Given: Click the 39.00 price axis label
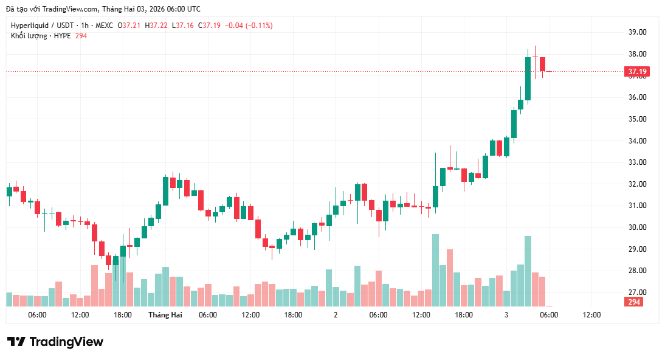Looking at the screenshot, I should click(638, 32).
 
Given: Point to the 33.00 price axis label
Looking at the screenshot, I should click(638, 162).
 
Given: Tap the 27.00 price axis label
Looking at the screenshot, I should click(638, 292).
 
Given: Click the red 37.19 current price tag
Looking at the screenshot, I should click(637, 72).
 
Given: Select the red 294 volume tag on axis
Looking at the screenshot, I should click(634, 302).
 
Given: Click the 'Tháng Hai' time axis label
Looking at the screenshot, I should click(165, 315).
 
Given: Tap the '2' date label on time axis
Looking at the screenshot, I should click(336, 315).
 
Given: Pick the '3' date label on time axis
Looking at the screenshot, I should click(506, 315).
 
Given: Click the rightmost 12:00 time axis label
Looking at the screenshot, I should click(591, 315).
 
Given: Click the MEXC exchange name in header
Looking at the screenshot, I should click(104, 26).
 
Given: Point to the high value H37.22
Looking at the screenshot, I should click(156, 26).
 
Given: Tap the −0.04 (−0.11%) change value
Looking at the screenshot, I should click(249, 26).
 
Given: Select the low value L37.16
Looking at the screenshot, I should click(183, 26).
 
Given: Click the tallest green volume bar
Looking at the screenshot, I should click(435, 270).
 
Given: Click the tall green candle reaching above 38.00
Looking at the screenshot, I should click(528, 78).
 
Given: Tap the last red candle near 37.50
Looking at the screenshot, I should click(542, 64).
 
